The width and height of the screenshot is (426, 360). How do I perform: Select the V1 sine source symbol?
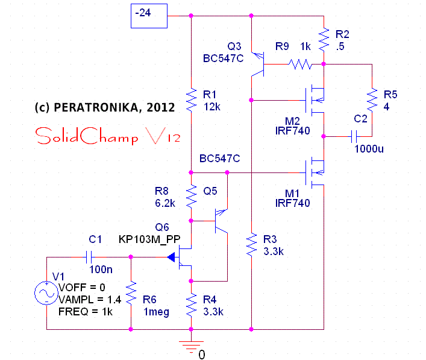(46, 294)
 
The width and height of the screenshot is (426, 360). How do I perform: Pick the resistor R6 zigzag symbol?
(131, 294)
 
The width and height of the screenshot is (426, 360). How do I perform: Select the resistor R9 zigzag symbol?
(299, 63)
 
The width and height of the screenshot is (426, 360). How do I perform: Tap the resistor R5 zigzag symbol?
(372, 99)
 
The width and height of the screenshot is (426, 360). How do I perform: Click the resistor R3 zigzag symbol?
(251, 245)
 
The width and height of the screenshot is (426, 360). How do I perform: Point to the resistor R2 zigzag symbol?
(324, 40)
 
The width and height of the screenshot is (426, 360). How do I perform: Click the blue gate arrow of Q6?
(172, 257)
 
